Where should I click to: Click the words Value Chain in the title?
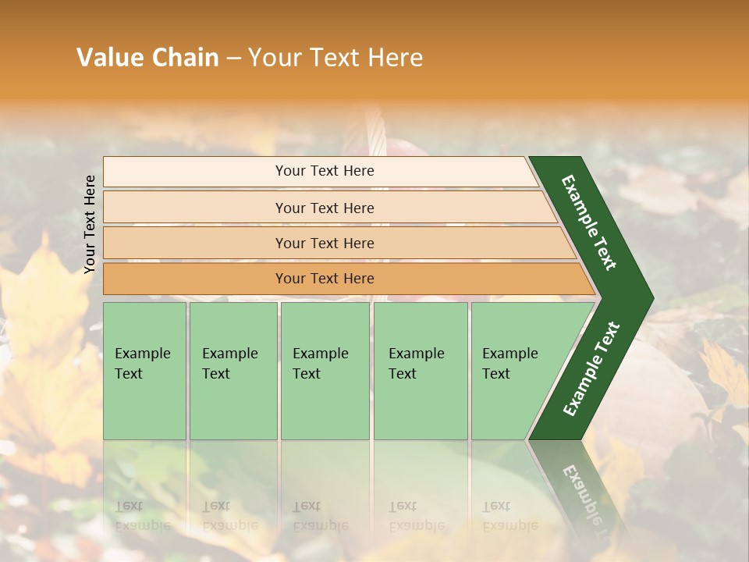click(x=147, y=58)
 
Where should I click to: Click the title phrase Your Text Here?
click(x=335, y=58)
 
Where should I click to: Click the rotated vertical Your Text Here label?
click(x=90, y=224)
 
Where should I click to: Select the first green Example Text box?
click(x=144, y=371)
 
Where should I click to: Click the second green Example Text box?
click(x=233, y=371)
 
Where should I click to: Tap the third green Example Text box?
click(x=324, y=371)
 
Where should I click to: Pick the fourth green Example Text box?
click(x=420, y=371)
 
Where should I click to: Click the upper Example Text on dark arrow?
click(x=589, y=222)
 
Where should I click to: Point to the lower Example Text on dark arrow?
click(x=591, y=368)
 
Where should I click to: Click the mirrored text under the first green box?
click(x=142, y=515)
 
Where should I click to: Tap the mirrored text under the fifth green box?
click(x=509, y=515)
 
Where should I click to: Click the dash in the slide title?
click(x=233, y=59)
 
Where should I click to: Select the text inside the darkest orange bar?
click(x=325, y=279)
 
